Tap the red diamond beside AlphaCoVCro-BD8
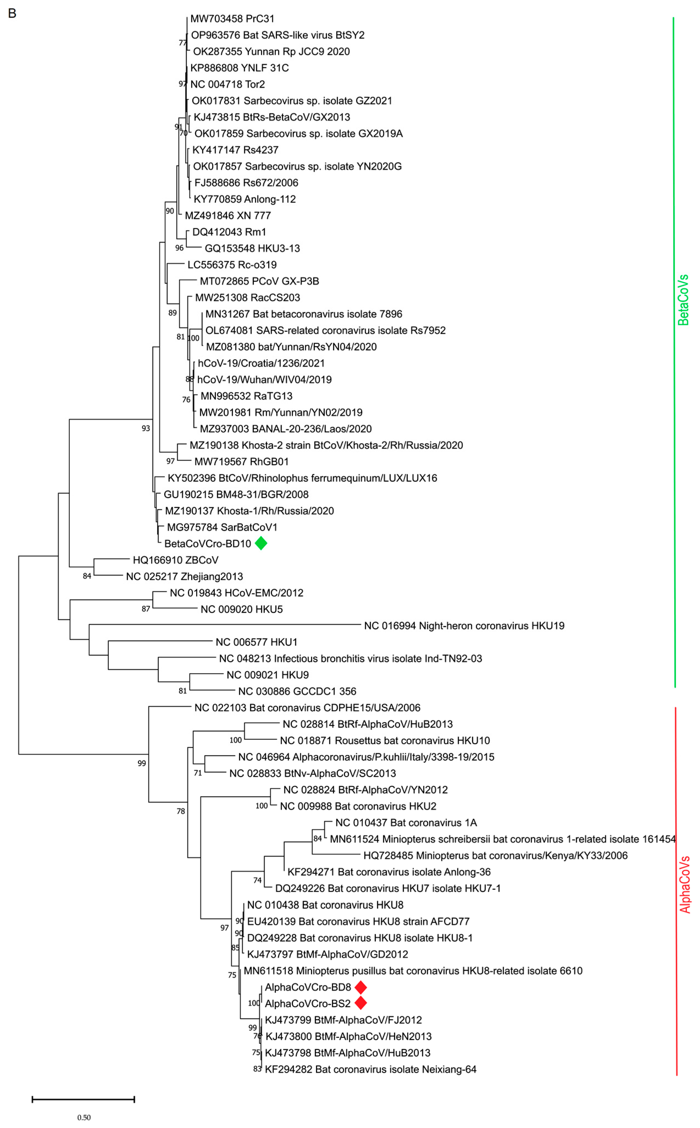(x=361, y=987)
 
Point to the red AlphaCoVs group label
(x=685, y=885)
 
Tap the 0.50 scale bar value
(x=84, y=1117)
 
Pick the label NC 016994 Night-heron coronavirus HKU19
(x=464, y=626)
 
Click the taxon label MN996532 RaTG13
(x=246, y=396)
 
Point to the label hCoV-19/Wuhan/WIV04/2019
(x=264, y=379)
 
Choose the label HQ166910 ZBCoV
(x=176, y=560)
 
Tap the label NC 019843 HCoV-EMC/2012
(x=237, y=593)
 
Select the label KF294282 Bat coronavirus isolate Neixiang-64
(x=370, y=1069)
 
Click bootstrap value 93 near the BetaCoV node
(x=146, y=428)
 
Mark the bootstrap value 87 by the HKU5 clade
(x=146, y=609)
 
